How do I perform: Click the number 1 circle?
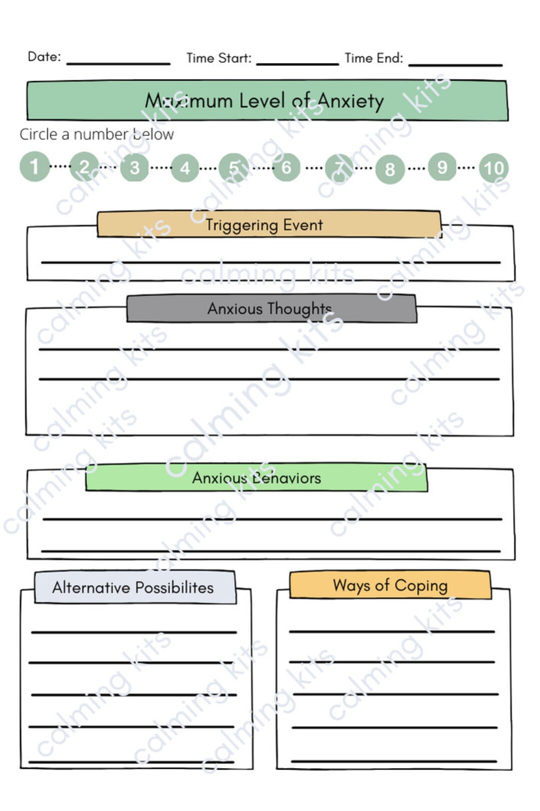pyautogui.click(x=34, y=166)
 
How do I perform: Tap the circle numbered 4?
pyautogui.click(x=185, y=168)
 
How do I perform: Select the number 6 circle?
pyautogui.click(x=286, y=167)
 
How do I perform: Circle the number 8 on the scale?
pyautogui.click(x=390, y=169)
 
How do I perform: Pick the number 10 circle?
pyautogui.click(x=493, y=167)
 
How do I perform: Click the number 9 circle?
pyautogui.click(x=442, y=166)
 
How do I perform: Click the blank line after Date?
pyautogui.click(x=118, y=62)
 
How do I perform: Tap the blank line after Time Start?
pyautogui.click(x=297, y=62)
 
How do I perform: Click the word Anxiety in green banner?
pyautogui.click(x=350, y=100)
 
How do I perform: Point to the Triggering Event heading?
pyautogui.click(x=264, y=224)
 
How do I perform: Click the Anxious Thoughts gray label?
pyautogui.click(x=270, y=308)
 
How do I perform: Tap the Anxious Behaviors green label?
pyautogui.click(x=256, y=478)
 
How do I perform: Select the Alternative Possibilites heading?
pyautogui.click(x=133, y=587)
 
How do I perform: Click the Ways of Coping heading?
pyautogui.click(x=390, y=585)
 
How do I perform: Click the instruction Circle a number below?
pyautogui.click(x=96, y=134)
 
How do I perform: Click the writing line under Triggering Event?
pyautogui.click(x=270, y=261)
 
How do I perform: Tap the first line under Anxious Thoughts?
pyautogui.click(x=269, y=349)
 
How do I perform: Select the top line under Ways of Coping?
pyautogui.click(x=391, y=632)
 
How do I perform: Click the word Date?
pyautogui.click(x=44, y=56)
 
